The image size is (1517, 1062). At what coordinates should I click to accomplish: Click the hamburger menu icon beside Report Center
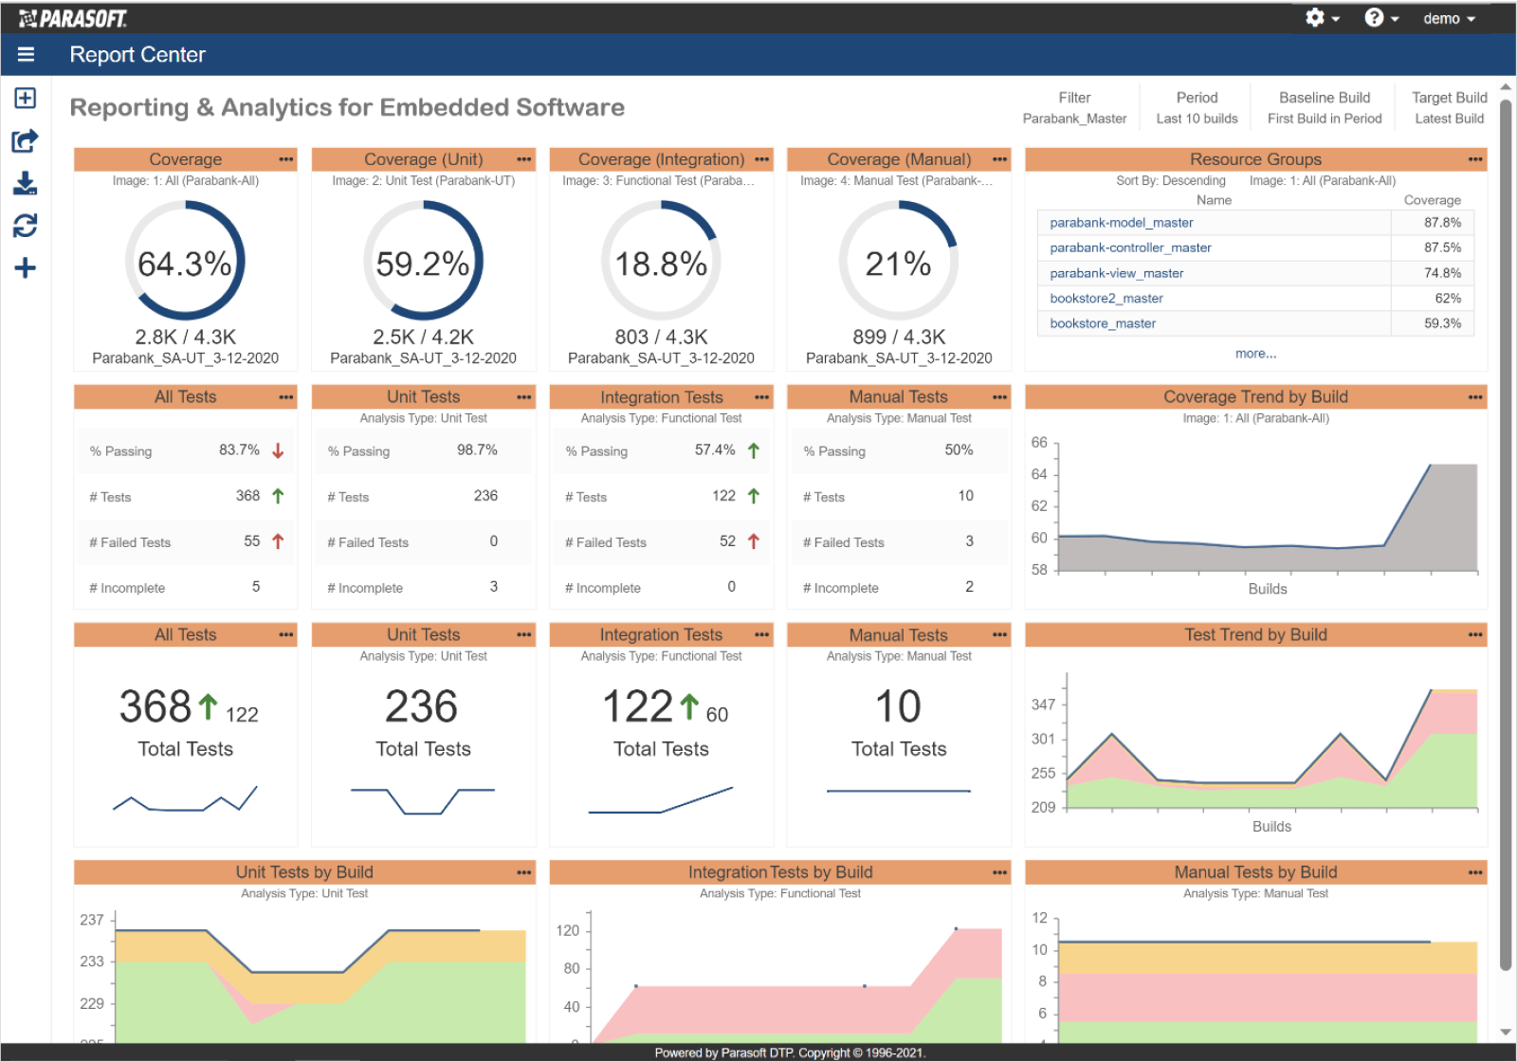coord(26,55)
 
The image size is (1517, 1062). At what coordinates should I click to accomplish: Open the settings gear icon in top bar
coord(1315,18)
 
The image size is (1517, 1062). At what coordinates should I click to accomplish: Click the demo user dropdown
coord(1449,19)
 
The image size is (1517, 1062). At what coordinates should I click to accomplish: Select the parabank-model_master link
coord(1121,223)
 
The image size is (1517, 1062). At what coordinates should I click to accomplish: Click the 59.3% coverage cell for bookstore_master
coord(1442,323)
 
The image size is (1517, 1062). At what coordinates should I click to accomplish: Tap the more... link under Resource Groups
coord(1255,354)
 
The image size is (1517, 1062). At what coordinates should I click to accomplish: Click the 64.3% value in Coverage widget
coord(185,264)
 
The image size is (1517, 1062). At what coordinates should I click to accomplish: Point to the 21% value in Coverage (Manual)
coord(898,264)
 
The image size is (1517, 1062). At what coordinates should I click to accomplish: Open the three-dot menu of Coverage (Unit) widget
coord(523,159)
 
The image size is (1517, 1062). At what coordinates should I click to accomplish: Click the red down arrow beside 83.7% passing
coord(278,450)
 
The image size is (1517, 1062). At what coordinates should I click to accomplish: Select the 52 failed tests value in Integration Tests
coord(727,541)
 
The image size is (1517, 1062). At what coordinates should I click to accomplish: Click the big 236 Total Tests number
coord(422,706)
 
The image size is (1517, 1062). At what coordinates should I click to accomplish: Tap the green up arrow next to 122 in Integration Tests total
coord(689,706)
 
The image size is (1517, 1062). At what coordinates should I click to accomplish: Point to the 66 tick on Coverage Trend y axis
coord(1039,443)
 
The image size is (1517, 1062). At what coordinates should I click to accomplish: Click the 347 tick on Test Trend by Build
coord(1043,705)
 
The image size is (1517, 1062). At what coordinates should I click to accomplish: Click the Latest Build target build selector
coord(1449,119)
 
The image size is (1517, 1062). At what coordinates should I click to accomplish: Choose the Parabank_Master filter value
coord(1074,119)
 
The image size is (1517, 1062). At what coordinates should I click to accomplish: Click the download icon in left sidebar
coord(26,183)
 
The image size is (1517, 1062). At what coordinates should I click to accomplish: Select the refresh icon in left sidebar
coord(26,226)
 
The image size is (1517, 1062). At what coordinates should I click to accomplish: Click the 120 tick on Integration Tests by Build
coord(567,931)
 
